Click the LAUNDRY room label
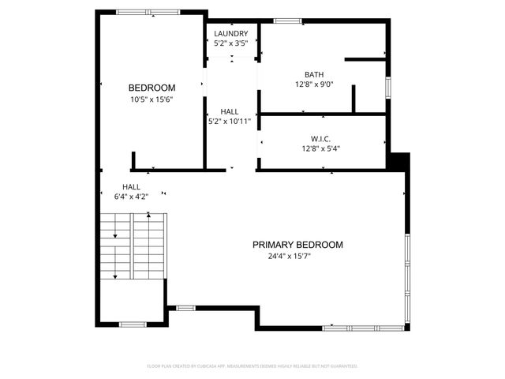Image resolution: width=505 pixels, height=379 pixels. pos(231,34)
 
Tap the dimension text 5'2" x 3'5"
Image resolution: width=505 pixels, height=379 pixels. pos(231,44)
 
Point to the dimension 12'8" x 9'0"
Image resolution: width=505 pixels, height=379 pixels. pos(314,85)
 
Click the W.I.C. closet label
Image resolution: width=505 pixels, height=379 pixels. pos(320,137)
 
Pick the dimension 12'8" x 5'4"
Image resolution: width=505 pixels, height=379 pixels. pos(320,148)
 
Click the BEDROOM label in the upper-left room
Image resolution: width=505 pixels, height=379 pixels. pos(152,88)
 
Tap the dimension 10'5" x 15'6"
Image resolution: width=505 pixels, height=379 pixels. pos(152,99)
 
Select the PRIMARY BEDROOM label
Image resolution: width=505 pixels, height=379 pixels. pos(297,245)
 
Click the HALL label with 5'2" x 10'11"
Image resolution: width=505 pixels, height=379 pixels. pos(230,112)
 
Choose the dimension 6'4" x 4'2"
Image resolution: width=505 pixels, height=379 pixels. pos(131,197)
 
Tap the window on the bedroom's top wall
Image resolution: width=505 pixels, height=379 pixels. pos(147,12)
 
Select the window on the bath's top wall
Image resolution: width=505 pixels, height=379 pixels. pos(288,21)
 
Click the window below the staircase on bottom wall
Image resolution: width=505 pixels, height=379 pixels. pos(132,324)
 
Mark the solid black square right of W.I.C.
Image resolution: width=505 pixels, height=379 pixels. pos(398,160)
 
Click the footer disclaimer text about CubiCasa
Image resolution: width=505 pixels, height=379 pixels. pos(252,366)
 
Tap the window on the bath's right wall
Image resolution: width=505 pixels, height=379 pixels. pos(387,87)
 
